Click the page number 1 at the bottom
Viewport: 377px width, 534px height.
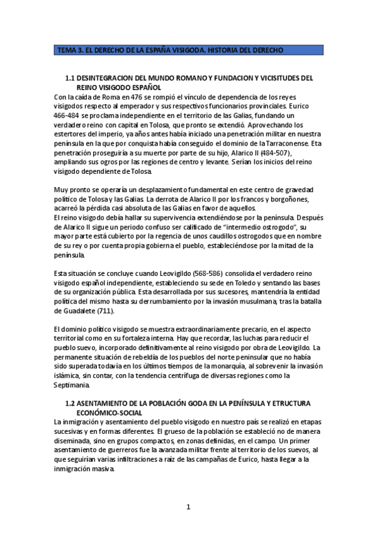click(188, 506)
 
